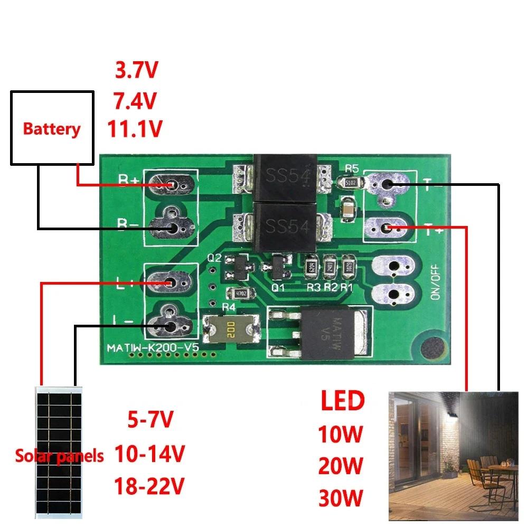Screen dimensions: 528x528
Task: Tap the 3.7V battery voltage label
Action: click(136, 70)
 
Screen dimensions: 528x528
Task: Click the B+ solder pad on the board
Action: click(172, 184)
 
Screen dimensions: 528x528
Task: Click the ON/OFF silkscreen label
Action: click(436, 282)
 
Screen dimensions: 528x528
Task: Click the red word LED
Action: click(343, 401)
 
